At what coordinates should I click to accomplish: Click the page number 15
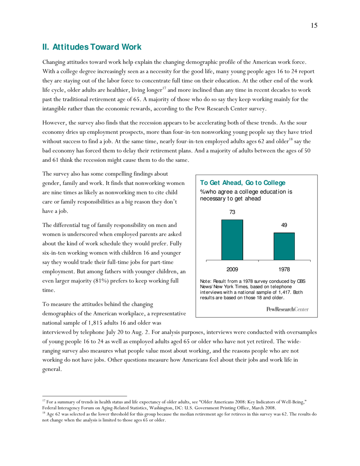(x=314, y=26)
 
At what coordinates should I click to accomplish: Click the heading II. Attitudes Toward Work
(x=92, y=47)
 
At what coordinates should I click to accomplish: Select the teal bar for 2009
(x=232, y=240)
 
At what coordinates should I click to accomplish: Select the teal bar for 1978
(x=284, y=246)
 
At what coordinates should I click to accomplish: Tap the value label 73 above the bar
(x=232, y=213)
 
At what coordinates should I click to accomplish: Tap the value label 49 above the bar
(x=284, y=225)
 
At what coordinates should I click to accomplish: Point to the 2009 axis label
(x=232, y=269)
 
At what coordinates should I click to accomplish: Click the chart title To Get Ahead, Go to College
(x=243, y=183)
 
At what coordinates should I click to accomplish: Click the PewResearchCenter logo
(x=288, y=309)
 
